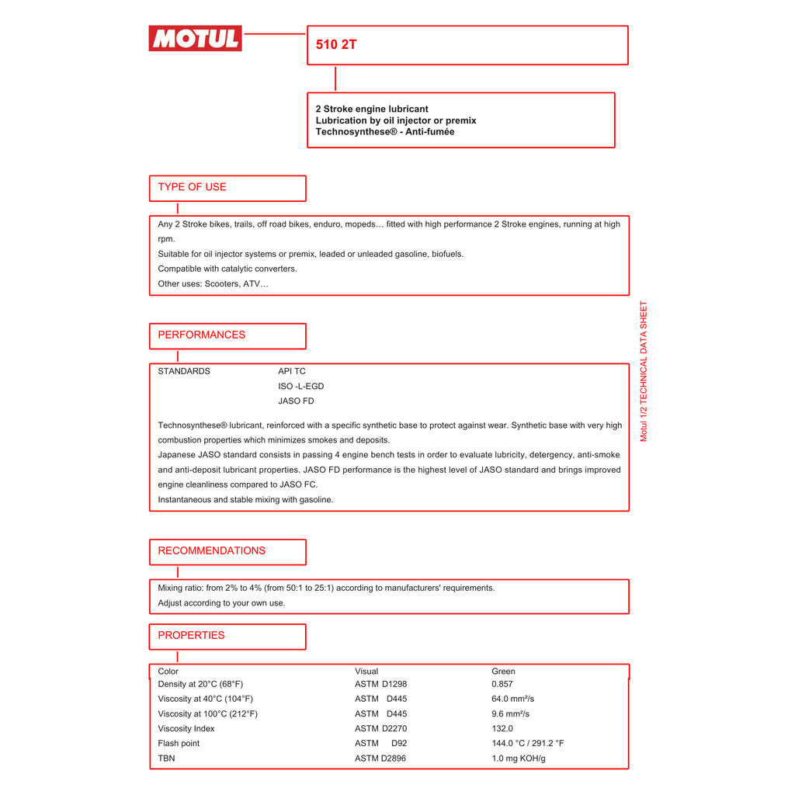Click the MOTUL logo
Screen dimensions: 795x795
(x=195, y=38)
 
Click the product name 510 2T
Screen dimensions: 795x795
(x=336, y=45)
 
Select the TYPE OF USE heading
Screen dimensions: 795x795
(x=192, y=187)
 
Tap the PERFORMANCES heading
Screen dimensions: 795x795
(x=201, y=335)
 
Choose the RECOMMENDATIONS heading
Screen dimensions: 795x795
(x=211, y=551)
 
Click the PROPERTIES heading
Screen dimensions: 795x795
(x=191, y=636)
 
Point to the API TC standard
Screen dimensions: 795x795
(x=292, y=372)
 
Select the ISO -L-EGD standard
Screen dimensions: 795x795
(x=301, y=387)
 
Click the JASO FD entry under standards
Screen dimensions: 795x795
(x=296, y=401)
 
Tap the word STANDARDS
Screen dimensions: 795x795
(x=184, y=372)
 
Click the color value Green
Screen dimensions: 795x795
(x=503, y=672)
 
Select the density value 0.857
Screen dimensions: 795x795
(x=502, y=685)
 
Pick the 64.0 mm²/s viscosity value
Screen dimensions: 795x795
(x=512, y=700)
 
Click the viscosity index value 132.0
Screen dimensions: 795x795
(x=502, y=729)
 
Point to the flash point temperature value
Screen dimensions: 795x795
(x=527, y=744)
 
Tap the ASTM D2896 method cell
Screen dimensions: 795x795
(x=380, y=759)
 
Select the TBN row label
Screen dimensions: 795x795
(x=166, y=759)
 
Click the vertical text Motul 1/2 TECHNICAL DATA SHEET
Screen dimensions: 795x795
(x=644, y=371)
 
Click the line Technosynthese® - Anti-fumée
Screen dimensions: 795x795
(x=385, y=132)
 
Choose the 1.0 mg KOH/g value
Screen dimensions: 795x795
(x=518, y=759)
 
